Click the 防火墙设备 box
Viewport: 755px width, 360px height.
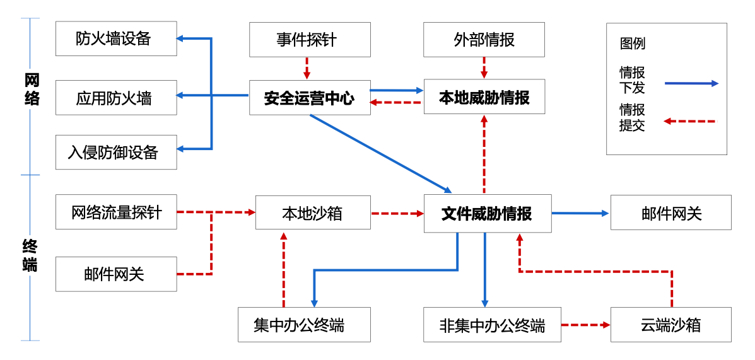click(116, 38)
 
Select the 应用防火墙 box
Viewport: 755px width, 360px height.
click(116, 98)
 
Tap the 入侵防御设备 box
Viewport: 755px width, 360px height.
click(116, 152)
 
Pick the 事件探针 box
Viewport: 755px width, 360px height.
click(310, 38)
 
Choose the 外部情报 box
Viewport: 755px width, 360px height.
click(484, 38)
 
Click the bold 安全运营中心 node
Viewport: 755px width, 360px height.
click(310, 98)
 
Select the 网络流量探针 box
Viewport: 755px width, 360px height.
click(116, 212)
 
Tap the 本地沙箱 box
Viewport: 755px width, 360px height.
click(313, 212)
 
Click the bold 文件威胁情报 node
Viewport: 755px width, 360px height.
click(488, 213)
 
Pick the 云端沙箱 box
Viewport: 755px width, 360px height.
click(670, 325)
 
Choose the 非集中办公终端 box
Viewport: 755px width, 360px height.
click(492, 325)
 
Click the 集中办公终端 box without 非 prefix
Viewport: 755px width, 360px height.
click(304, 325)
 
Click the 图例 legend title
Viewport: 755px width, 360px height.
click(632, 44)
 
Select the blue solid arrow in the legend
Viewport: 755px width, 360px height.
click(691, 83)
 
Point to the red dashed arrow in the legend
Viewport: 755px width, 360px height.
click(691, 121)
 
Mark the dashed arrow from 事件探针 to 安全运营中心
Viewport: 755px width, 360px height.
click(307, 68)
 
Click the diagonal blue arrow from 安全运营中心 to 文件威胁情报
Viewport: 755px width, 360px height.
click(380, 153)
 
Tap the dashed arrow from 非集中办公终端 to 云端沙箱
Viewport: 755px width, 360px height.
click(586, 325)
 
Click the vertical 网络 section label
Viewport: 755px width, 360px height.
click(32, 90)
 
